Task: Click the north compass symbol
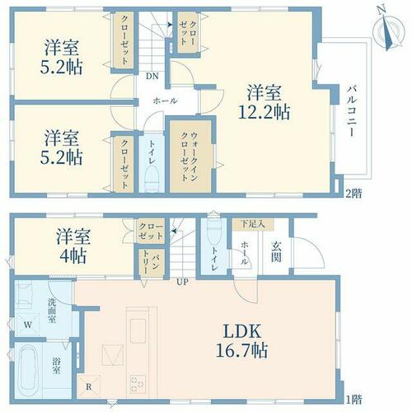point(389,30)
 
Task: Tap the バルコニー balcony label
point(352,111)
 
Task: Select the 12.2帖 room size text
point(264,112)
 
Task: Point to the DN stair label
point(152,76)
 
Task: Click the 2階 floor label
point(353,194)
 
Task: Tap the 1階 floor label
point(353,399)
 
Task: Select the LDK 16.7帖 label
point(242,340)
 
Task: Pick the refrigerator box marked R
point(88,386)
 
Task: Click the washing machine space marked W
point(27,325)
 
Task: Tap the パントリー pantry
point(152,263)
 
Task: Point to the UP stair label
point(182,282)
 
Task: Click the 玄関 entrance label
point(276,252)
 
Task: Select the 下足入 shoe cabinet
point(253,224)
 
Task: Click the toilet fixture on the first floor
point(213,232)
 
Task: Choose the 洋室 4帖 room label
point(73,246)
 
